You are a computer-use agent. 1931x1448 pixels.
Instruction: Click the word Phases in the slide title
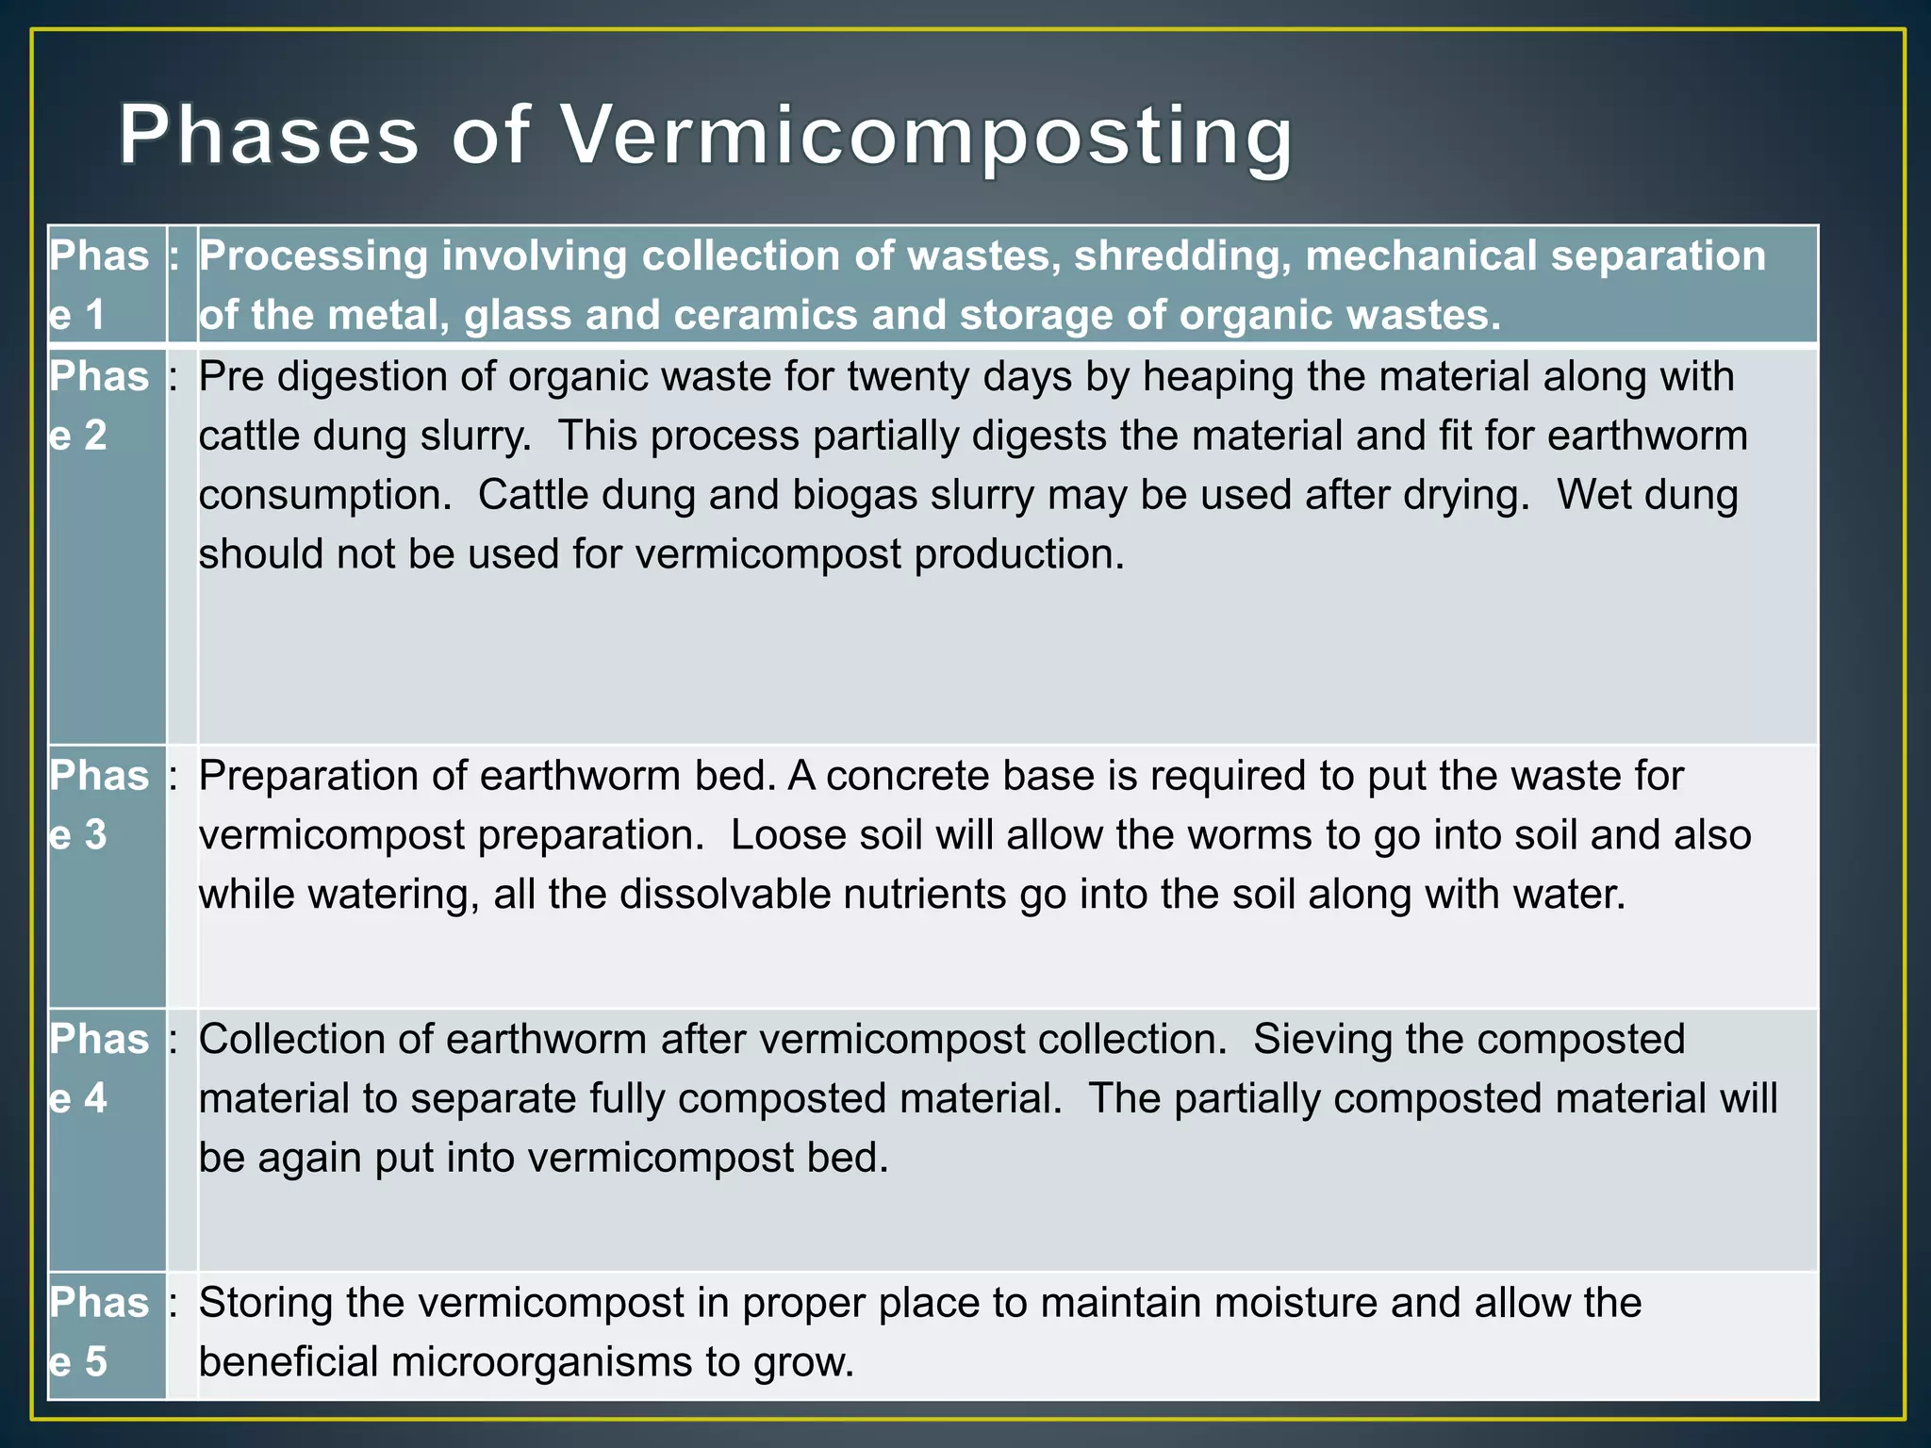coord(269,137)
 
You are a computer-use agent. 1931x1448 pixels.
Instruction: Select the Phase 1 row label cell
coord(100,285)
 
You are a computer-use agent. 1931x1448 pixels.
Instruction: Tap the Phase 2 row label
coord(100,405)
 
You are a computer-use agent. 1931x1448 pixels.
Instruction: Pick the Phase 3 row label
coord(100,804)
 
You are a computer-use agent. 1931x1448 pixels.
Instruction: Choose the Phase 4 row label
coord(100,1068)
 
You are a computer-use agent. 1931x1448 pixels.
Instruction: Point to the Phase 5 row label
coord(100,1331)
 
